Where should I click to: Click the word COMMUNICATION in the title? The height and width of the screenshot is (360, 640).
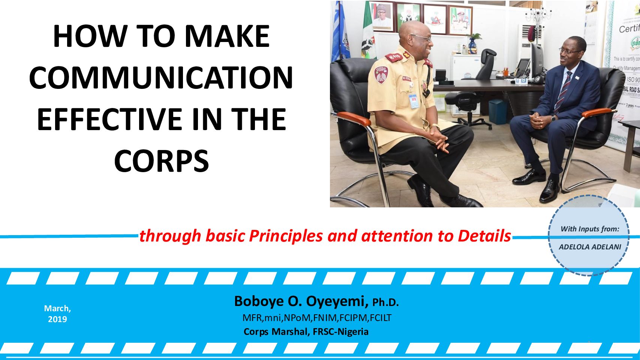[x=161, y=78]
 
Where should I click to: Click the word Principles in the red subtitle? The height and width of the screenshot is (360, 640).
[x=286, y=236]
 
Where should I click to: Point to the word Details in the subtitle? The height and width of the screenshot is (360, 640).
[x=484, y=236]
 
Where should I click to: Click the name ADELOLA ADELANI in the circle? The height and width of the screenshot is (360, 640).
[x=590, y=247]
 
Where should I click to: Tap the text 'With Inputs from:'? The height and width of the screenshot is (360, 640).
[x=590, y=229]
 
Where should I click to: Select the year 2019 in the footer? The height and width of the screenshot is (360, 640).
[x=57, y=319]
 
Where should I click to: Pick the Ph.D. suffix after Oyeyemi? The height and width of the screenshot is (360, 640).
[x=385, y=303]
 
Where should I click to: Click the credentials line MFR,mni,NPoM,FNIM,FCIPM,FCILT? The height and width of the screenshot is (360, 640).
[x=317, y=318]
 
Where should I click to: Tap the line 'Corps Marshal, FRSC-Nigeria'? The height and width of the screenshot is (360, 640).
[x=306, y=332]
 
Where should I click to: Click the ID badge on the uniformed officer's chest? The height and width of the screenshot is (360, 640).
[x=413, y=100]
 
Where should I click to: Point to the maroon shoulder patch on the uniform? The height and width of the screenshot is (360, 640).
[x=381, y=74]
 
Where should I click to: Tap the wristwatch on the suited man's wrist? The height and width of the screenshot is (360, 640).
[x=553, y=118]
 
